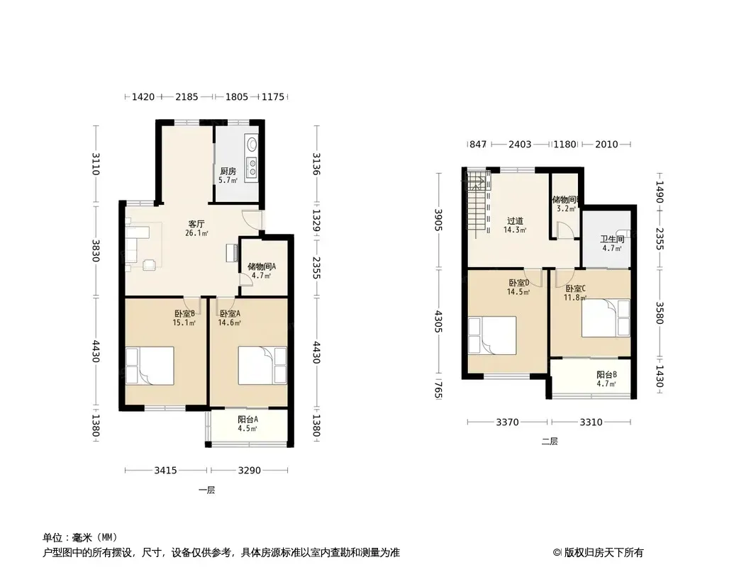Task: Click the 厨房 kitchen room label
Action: [x=228, y=171]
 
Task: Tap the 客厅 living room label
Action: [x=196, y=224]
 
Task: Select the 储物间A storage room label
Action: [x=262, y=266]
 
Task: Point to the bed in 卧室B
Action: [x=150, y=366]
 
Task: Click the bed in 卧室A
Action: [x=263, y=366]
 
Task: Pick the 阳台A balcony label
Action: [x=248, y=419]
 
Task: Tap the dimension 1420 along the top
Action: [x=143, y=97]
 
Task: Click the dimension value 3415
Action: [x=165, y=470]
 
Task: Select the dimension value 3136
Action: [x=316, y=164]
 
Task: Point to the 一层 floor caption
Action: [x=207, y=490]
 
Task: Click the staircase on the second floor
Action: [x=478, y=206]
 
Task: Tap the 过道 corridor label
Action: [x=515, y=221]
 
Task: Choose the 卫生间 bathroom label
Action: [x=612, y=239]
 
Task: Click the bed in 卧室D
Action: [x=492, y=335]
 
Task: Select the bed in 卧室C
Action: [x=606, y=318]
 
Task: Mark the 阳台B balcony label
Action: [x=606, y=375]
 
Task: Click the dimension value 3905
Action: [x=438, y=220]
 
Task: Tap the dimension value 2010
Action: [x=606, y=144]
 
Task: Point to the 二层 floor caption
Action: [x=550, y=441]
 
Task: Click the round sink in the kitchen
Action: [x=252, y=144]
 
